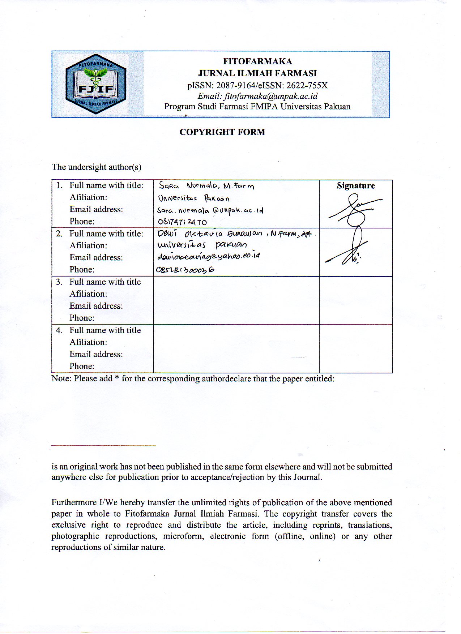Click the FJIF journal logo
[x=96, y=84]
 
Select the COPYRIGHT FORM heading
[x=222, y=132]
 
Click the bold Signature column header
[x=356, y=186]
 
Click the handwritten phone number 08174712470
[x=182, y=222]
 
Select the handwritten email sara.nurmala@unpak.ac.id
[x=210, y=210]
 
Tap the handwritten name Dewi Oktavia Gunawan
[x=210, y=234]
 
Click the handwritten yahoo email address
[x=209, y=256]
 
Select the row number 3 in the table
[x=59, y=282]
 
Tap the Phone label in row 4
[x=82, y=366]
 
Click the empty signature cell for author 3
[x=355, y=300]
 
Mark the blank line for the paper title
[x=103, y=445]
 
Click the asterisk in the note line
[x=117, y=378]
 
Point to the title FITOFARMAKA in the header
[x=257, y=61]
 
